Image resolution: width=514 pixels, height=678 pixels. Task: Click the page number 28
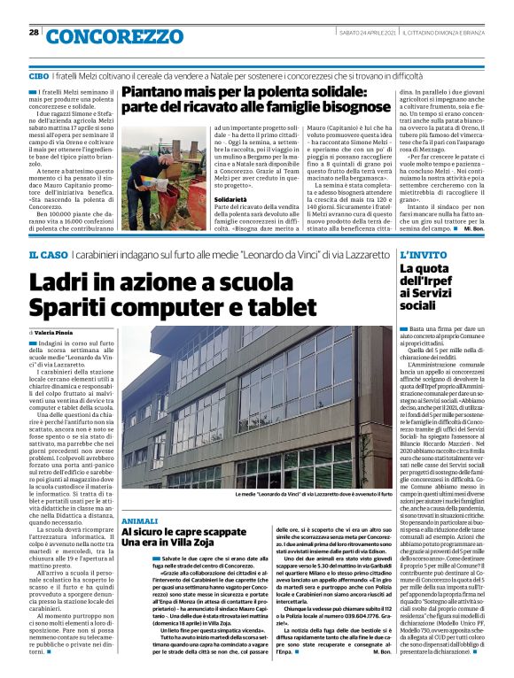coord(34,33)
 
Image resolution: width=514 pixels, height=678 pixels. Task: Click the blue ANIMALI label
coord(140,522)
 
